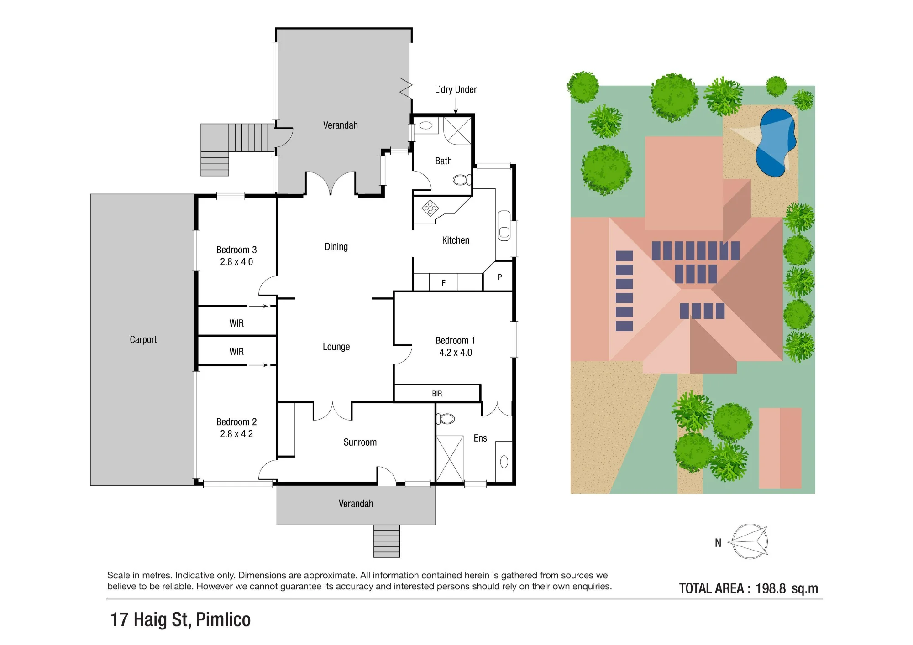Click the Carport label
click(143, 340)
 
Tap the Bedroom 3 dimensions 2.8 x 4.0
click(236, 262)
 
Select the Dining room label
click(336, 247)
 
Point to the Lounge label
click(336, 347)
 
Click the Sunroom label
click(360, 442)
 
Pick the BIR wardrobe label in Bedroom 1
click(437, 394)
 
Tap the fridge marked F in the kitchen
click(444, 282)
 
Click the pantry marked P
click(499, 277)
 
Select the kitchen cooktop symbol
click(430, 209)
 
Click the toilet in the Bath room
click(462, 180)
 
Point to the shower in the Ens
click(450, 459)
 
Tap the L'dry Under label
click(456, 90)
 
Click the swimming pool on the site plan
click(776, 142)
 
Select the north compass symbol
click(749, 542)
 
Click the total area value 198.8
click(771, 588)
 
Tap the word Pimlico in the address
click(223, 620)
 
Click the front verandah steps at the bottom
click(387, 541)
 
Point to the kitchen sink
click(504, 226)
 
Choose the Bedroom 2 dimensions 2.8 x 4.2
click(236, 434)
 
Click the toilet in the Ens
click(446, 419)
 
